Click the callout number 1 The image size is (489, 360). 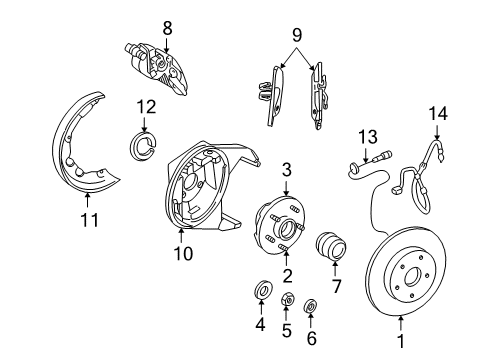pos(402,350)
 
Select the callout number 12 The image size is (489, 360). pos(146,107)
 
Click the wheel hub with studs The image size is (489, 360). pos(279,230)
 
